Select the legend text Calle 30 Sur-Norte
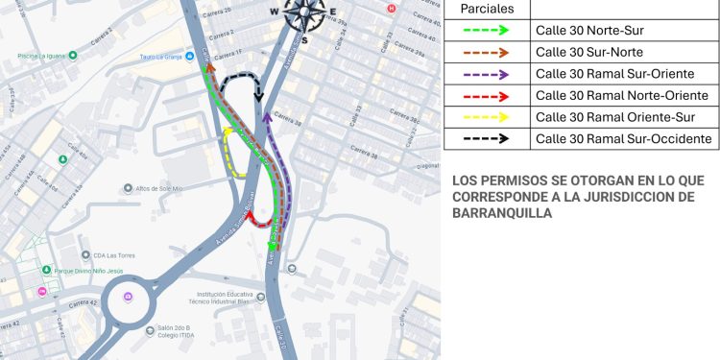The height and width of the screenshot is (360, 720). pos(588,52)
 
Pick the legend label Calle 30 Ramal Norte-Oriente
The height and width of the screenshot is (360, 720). pos(621,95)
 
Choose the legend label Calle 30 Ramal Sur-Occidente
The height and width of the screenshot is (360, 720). pos(624,139)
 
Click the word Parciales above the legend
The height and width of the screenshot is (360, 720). pos(488,9)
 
